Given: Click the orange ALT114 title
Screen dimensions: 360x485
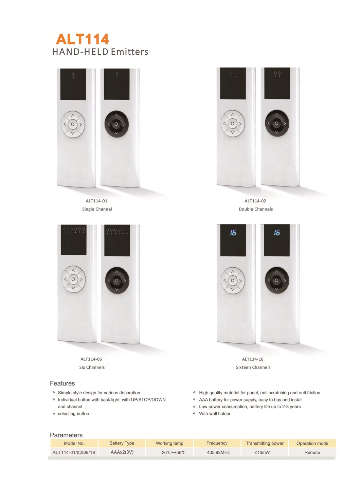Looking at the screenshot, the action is click(x=83, y=39).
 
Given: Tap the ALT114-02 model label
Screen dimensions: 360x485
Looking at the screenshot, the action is click(x=255, y=201).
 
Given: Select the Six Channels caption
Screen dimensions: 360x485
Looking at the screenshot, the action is click(x=92, y=367).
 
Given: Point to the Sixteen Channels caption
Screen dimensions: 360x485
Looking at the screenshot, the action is click(x=253, y=367).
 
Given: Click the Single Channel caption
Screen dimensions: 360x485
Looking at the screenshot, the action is click(x=97, y=209).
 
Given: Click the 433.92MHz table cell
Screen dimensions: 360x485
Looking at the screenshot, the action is click(x=218, y=452).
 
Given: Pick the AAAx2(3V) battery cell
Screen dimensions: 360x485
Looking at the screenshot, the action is click(x=122, y=452).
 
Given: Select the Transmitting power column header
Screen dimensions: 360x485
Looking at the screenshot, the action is click(x=265, y=443).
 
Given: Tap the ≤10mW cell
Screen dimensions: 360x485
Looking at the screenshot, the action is click(x=262, y=452).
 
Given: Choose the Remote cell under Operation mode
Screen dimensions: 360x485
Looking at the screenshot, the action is click(x=312, y=452).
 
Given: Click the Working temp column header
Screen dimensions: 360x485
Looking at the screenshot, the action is click(x=169, y=443).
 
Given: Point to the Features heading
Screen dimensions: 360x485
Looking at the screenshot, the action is click(x=62, y=383).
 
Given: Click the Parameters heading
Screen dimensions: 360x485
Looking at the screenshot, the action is click(x=66, y=435).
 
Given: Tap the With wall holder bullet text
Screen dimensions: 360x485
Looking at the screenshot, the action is click(x=215, y=413).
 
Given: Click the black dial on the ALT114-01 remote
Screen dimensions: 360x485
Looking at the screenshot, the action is click(x=116, y=124).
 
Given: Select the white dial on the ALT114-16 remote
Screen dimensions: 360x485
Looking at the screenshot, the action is click(x=233, y=280).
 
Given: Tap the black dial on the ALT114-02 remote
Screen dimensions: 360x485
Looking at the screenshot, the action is click(x=277, y=123).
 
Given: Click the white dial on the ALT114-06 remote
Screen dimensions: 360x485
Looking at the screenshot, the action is click(x=73, y=279).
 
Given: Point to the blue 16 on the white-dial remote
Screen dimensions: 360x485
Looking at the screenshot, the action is click(x=233, y=233).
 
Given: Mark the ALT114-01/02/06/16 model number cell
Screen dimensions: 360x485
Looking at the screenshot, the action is click(x=74, y=452).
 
